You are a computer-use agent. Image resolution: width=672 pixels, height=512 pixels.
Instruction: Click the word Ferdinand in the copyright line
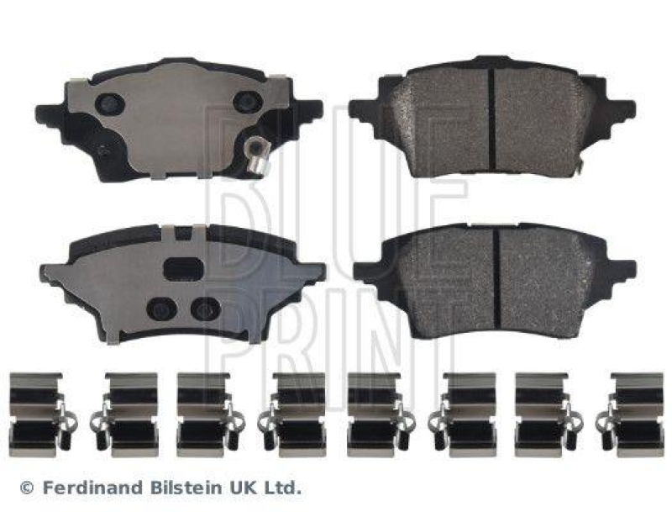pos(93,488)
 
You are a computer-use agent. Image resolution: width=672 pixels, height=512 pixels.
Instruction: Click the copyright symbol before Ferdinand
pos(27,488)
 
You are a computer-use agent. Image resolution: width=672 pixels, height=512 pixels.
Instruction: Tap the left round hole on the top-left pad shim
pos(110,103)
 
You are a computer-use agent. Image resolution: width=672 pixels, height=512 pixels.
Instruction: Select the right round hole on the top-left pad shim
pos(247,102)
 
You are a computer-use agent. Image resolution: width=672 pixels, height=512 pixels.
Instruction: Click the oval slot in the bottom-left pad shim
pos(184,269)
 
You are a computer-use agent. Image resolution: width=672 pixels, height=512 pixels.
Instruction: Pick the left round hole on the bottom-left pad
pos(161,309)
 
